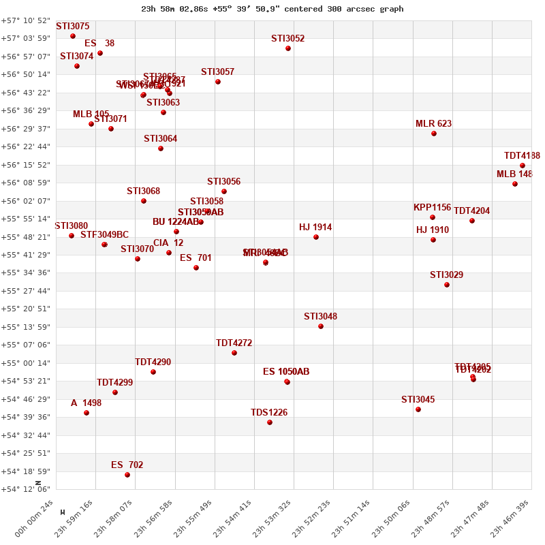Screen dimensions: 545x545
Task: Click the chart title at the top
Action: pyautogui.click(x=272, y=9)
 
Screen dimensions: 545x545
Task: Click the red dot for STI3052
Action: pyautogui.click(x=288, y=48)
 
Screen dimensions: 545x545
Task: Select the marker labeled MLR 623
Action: pyautogui.click(x=434, y=134)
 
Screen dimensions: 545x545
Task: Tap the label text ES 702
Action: pyautogui.click(x=127, y=465)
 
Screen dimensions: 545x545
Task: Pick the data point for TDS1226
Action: pyautogui.click(x=270, y=422)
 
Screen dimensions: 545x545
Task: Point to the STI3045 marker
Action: pyautogui.click(x=418, y=409)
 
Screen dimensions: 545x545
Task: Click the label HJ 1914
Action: pyautogui.click(x=315, y=228)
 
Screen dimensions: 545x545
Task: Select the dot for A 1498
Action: pyautogui.click(x=87, y=413)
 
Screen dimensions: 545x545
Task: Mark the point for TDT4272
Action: pyautogui.click(x=234, y=353)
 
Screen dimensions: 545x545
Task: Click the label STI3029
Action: pyautogui.click(x=446, y=275)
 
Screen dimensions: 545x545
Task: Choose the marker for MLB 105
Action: pyautogui.click(x=91, y=124)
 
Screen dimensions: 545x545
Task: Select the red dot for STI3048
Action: pyautogui.click(x=321, y=326)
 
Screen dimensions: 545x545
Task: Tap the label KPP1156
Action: pyautogui.click(x=432, y=208)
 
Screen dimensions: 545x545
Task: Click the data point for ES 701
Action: pyautogui.click(x=196, y=268)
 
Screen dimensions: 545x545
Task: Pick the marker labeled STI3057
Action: pyautogui.click(x=218, y=82)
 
